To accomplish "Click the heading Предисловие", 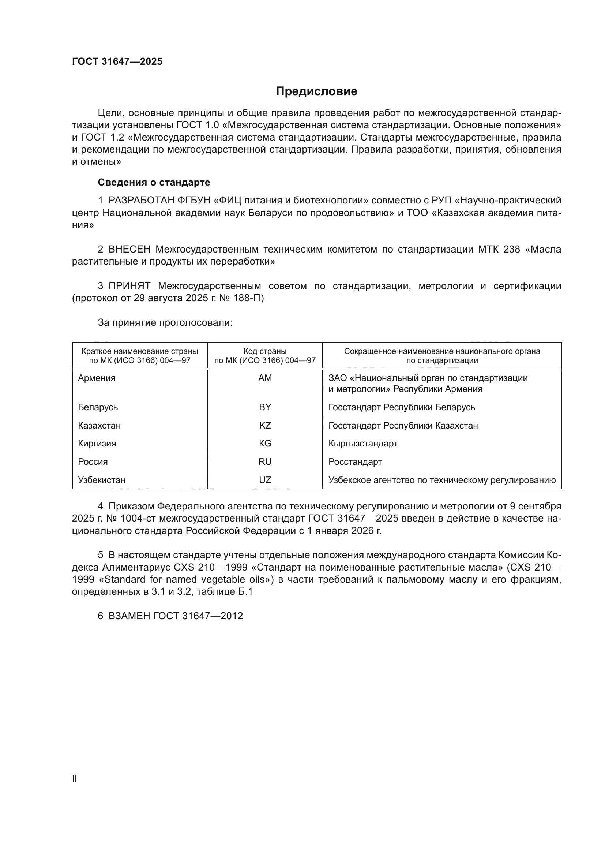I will (316, 91).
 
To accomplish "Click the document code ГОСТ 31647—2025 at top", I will (117, 61).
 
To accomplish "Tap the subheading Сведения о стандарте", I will (154, 182).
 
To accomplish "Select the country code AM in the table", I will (265, 378).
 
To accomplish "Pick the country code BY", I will (265, 407).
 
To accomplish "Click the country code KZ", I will (265, 425).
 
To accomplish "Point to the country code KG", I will (265, 443).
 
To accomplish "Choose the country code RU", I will (265, 461).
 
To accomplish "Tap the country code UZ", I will (265, 480).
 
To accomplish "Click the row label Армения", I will (97, 378).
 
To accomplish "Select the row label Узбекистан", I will (101, 480).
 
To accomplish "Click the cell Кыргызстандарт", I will (363, 443).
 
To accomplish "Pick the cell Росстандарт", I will (355, 461).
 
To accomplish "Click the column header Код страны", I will (265, 351).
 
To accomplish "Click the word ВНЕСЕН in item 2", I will (129, 249).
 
